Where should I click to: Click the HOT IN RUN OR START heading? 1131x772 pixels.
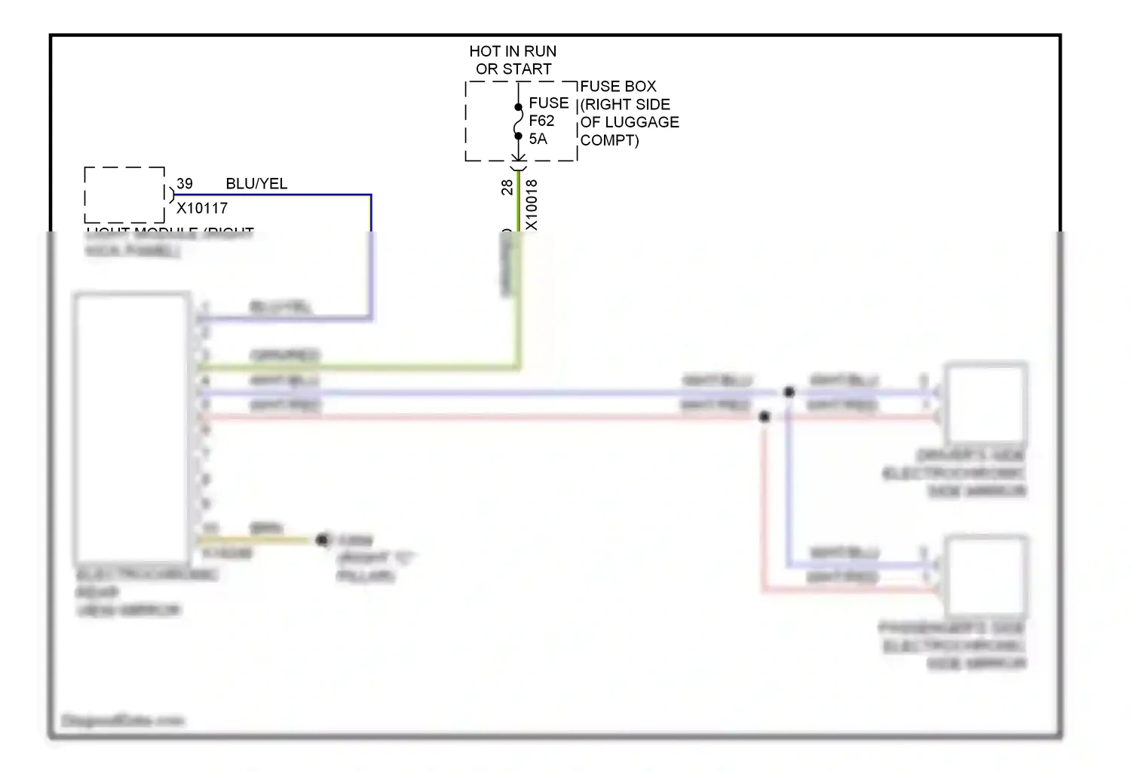[513, 60]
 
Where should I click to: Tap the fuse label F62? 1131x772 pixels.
[541, 121]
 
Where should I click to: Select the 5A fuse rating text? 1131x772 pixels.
[538, 139]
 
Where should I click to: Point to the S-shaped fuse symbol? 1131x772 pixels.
[518, 121]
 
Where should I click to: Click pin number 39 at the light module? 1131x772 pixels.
[185, 184]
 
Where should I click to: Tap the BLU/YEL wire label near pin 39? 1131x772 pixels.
[256, 184]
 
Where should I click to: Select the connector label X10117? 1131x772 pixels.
[202, 208]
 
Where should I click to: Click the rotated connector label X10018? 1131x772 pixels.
[532, 204]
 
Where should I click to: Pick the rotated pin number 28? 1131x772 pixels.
[507, 187]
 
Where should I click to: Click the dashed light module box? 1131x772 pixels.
[124, 195]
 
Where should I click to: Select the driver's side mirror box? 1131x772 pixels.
[986, 403]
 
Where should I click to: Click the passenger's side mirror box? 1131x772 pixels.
[986, 576]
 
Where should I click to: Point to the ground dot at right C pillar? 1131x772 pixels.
[323, 540]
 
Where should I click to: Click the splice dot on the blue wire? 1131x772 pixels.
[789, 392]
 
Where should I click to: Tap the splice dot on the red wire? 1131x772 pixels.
[765, 417]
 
